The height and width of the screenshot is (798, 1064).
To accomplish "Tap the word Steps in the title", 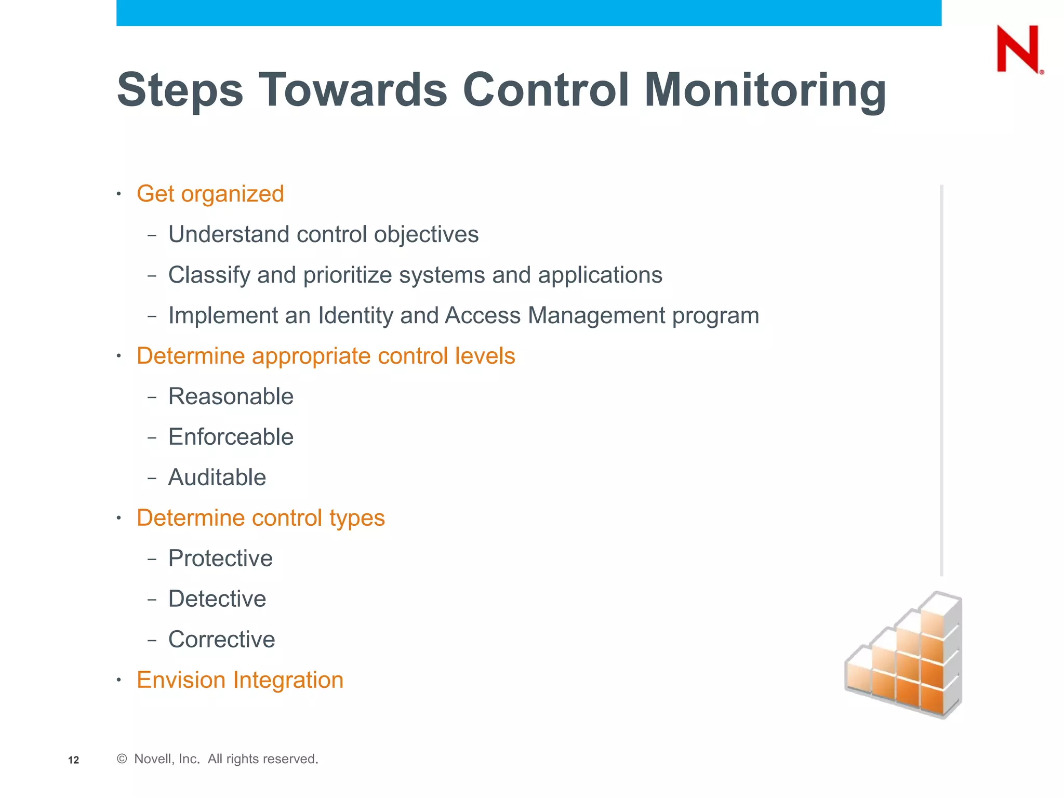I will [x=180, y=90].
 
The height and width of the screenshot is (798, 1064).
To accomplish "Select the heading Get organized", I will [x=210, y=194].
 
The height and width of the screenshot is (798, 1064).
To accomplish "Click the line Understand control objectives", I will [x=323, y=234].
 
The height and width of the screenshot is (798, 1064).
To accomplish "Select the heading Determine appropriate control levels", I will [x=326, y=356].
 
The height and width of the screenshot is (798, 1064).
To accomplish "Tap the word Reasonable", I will [x=231, y=396].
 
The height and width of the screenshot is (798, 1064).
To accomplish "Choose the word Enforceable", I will [x=231, y=437].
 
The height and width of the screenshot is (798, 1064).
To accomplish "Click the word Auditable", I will [x=217, y=477].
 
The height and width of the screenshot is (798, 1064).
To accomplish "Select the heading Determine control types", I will [x=260, y=518].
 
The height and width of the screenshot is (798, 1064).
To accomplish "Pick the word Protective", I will [x=220, y=558].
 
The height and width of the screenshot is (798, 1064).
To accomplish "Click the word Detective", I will [x=217, y=599].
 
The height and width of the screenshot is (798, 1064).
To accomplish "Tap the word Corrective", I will [x=221, y=640].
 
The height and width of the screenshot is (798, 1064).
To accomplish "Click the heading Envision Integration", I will [x=240, y=680].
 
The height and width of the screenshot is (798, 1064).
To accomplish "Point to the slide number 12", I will [x=74, y=760].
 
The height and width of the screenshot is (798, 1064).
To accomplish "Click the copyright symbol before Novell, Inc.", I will [x=122, y=759].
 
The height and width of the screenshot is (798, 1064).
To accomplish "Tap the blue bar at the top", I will [x=528, y=12].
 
